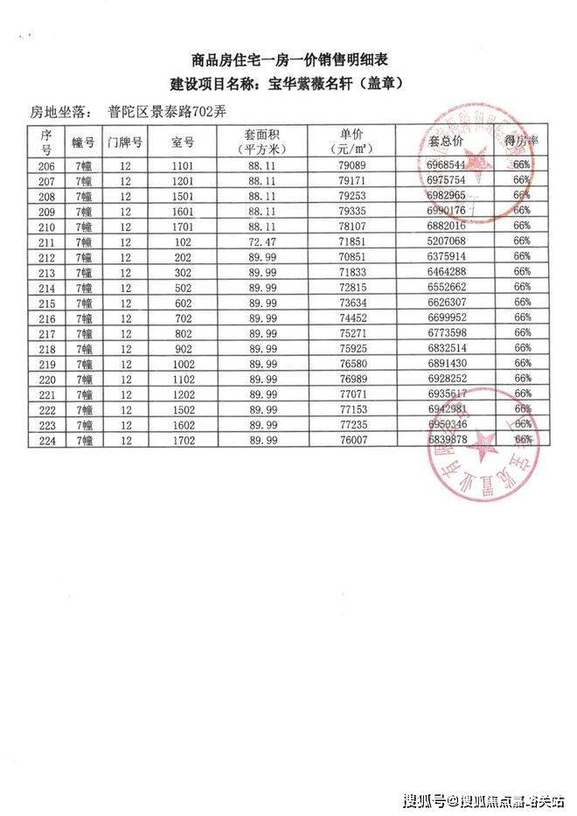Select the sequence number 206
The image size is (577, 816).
[x=47, y=165]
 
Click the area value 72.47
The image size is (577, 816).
[x=262, y=241]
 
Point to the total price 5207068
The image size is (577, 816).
[x=448, y=241]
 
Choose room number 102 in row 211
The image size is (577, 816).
[x=182, y=241]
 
